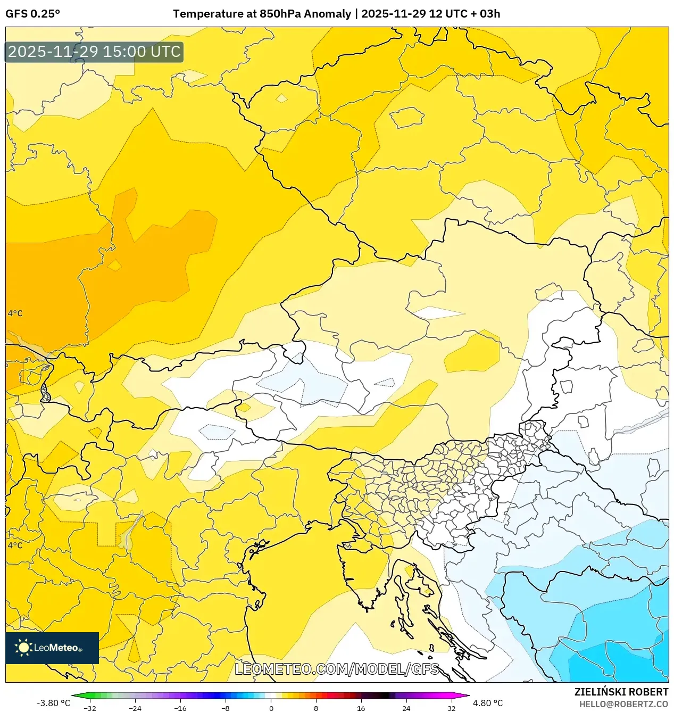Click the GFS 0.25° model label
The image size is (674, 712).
tap(32, 14)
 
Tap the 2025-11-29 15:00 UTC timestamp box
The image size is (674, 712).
tap(94, 52)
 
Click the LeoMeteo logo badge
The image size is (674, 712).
tap(52, 648)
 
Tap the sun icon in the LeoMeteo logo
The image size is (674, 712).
tap(23, 648)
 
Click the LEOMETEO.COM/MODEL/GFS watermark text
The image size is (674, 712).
tap(337, 669)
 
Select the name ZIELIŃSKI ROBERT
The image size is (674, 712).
tap(621, 692)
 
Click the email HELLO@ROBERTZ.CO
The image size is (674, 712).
tap(623, 704)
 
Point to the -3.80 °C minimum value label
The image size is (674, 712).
tap(53, 703)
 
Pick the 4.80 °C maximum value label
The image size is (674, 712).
tap(488, 703)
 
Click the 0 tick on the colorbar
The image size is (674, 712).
tap(271, 708)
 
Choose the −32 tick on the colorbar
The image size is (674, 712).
tap(90, 708)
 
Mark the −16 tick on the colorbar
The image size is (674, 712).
tap(180, 708)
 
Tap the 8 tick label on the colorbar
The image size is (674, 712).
tap(316, 708)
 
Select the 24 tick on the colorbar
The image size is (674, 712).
tap(406, 708)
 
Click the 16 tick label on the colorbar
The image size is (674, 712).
tap(361, 708)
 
